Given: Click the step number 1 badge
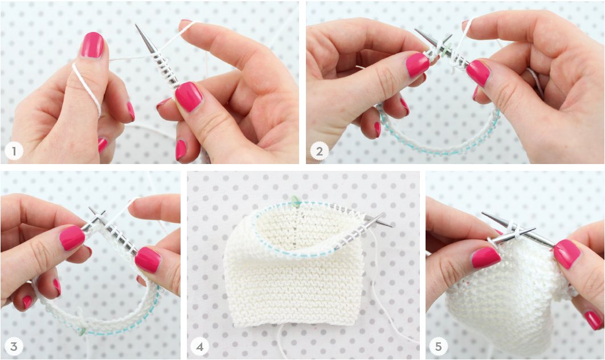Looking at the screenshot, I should (13, 152).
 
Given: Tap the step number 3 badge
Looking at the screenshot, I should (13, 346).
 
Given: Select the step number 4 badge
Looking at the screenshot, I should (199, 346).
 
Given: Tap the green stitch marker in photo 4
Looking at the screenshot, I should (295, 200).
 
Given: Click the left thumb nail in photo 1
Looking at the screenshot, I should (92, 44).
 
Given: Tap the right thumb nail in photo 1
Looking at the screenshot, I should (189, 96).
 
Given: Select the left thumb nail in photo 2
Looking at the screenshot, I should (418, 64).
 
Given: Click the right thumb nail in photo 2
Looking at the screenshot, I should (477, 73).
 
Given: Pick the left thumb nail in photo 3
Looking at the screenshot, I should (72, 238).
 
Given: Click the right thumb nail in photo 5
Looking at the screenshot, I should (567, 253).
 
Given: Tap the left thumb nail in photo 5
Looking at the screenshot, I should (485, 257).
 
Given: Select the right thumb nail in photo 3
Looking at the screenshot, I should (148, 259).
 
